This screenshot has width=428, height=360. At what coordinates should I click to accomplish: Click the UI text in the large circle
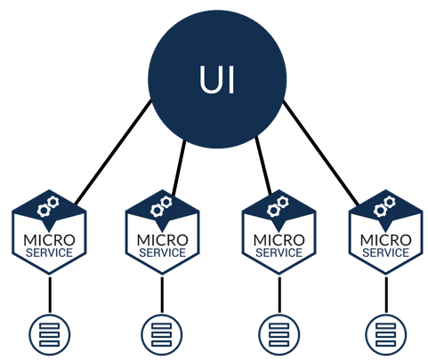(x=217, y=79)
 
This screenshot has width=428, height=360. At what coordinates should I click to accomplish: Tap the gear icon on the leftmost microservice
(x=48, y=206)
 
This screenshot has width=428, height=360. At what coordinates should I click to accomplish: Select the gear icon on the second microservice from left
(x=161, y=206)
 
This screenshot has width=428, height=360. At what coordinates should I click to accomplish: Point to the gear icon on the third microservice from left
(x=278, y=206)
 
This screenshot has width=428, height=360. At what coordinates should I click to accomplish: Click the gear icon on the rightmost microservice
(x=384, y=206)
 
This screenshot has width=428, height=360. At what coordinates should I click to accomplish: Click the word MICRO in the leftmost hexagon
(x=50, y=240)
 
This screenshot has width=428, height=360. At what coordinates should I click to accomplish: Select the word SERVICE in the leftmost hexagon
(x=49, y=252)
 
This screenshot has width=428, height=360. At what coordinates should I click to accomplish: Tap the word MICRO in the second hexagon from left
(x=163, y=240)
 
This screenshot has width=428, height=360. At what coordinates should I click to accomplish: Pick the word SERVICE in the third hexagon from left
(x=279, y=252)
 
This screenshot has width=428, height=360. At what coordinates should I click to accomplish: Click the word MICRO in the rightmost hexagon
(x=386, y=240)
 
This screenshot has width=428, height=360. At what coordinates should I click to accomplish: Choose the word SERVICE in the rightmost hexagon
(x=386, y=252)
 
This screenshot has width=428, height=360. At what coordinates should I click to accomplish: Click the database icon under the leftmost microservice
(x=50, y=334)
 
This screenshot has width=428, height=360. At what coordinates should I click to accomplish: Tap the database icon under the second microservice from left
(x=162, y=334)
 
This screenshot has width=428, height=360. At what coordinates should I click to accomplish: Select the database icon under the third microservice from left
(x=279, y=334)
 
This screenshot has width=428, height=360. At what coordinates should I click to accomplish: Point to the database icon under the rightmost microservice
(x=386, y=334)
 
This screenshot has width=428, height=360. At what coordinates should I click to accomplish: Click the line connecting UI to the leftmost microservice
(x=113, y=152)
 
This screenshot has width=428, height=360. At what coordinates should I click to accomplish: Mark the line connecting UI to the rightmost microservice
(x=321, y=153)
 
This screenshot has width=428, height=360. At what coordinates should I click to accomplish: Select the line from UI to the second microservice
(x=179, y=168)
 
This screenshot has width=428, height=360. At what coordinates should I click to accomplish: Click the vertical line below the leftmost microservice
(x=50, y=294)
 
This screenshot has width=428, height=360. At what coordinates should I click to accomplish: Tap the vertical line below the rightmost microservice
(x=386, y=294)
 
